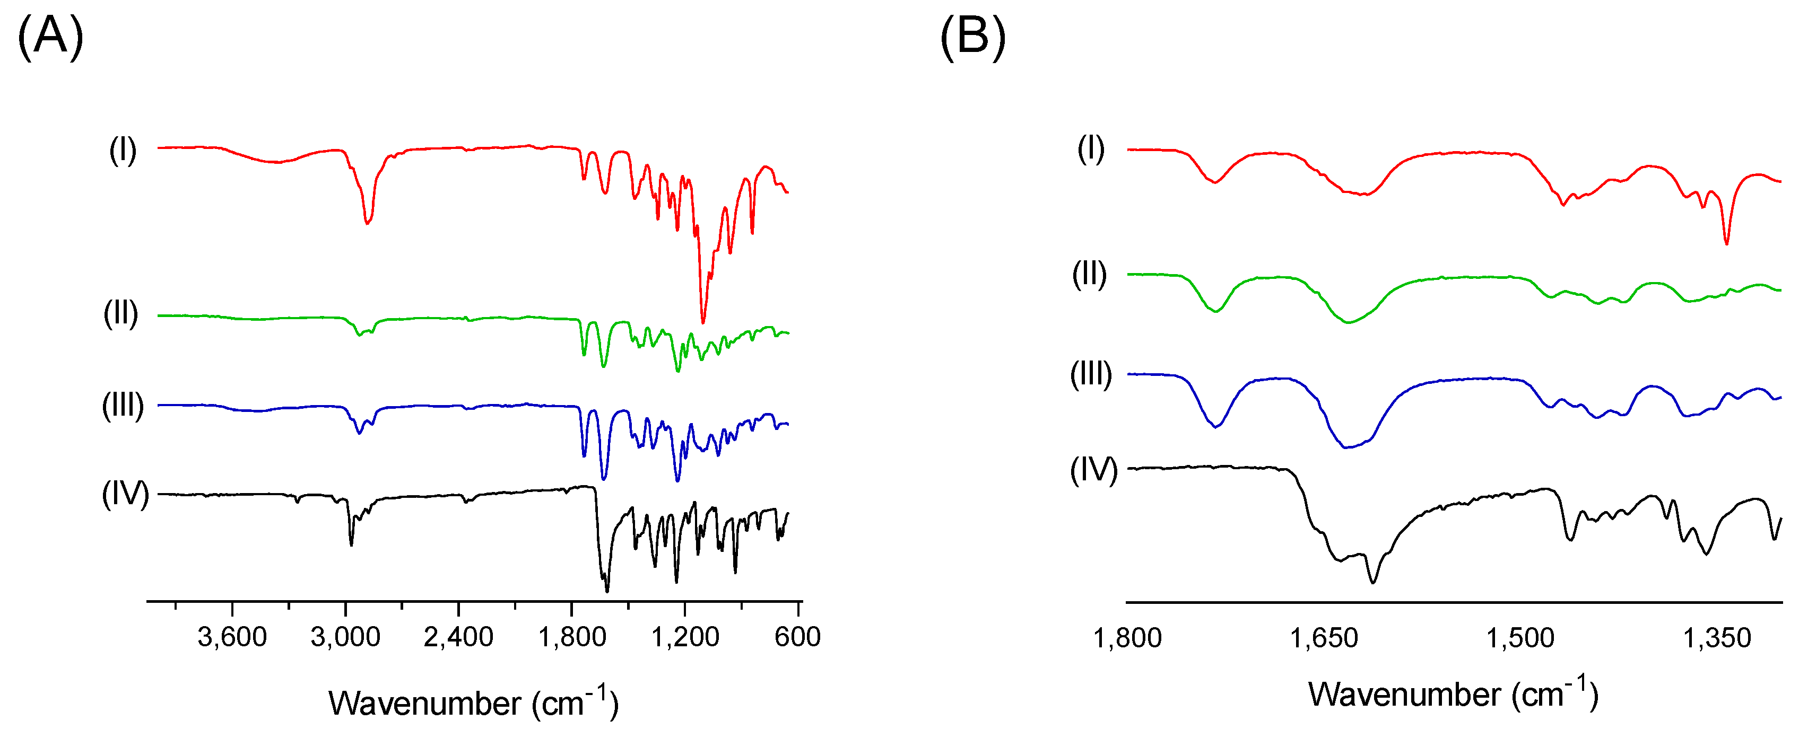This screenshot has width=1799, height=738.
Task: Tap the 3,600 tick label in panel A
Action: [232, 637]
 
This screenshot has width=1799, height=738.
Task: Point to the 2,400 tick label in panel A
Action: [458, 637]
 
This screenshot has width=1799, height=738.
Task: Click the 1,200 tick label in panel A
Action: [684, 637]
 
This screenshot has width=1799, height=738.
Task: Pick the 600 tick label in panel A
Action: [797, 637]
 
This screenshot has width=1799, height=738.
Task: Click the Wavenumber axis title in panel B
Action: [1453, 694]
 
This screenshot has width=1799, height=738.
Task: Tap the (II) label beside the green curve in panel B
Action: [1090, 275]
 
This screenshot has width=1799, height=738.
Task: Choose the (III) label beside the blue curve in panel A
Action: [123, 406]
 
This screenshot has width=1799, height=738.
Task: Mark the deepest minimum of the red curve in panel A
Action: [702, 322]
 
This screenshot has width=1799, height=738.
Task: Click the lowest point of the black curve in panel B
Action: [1374, 582]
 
